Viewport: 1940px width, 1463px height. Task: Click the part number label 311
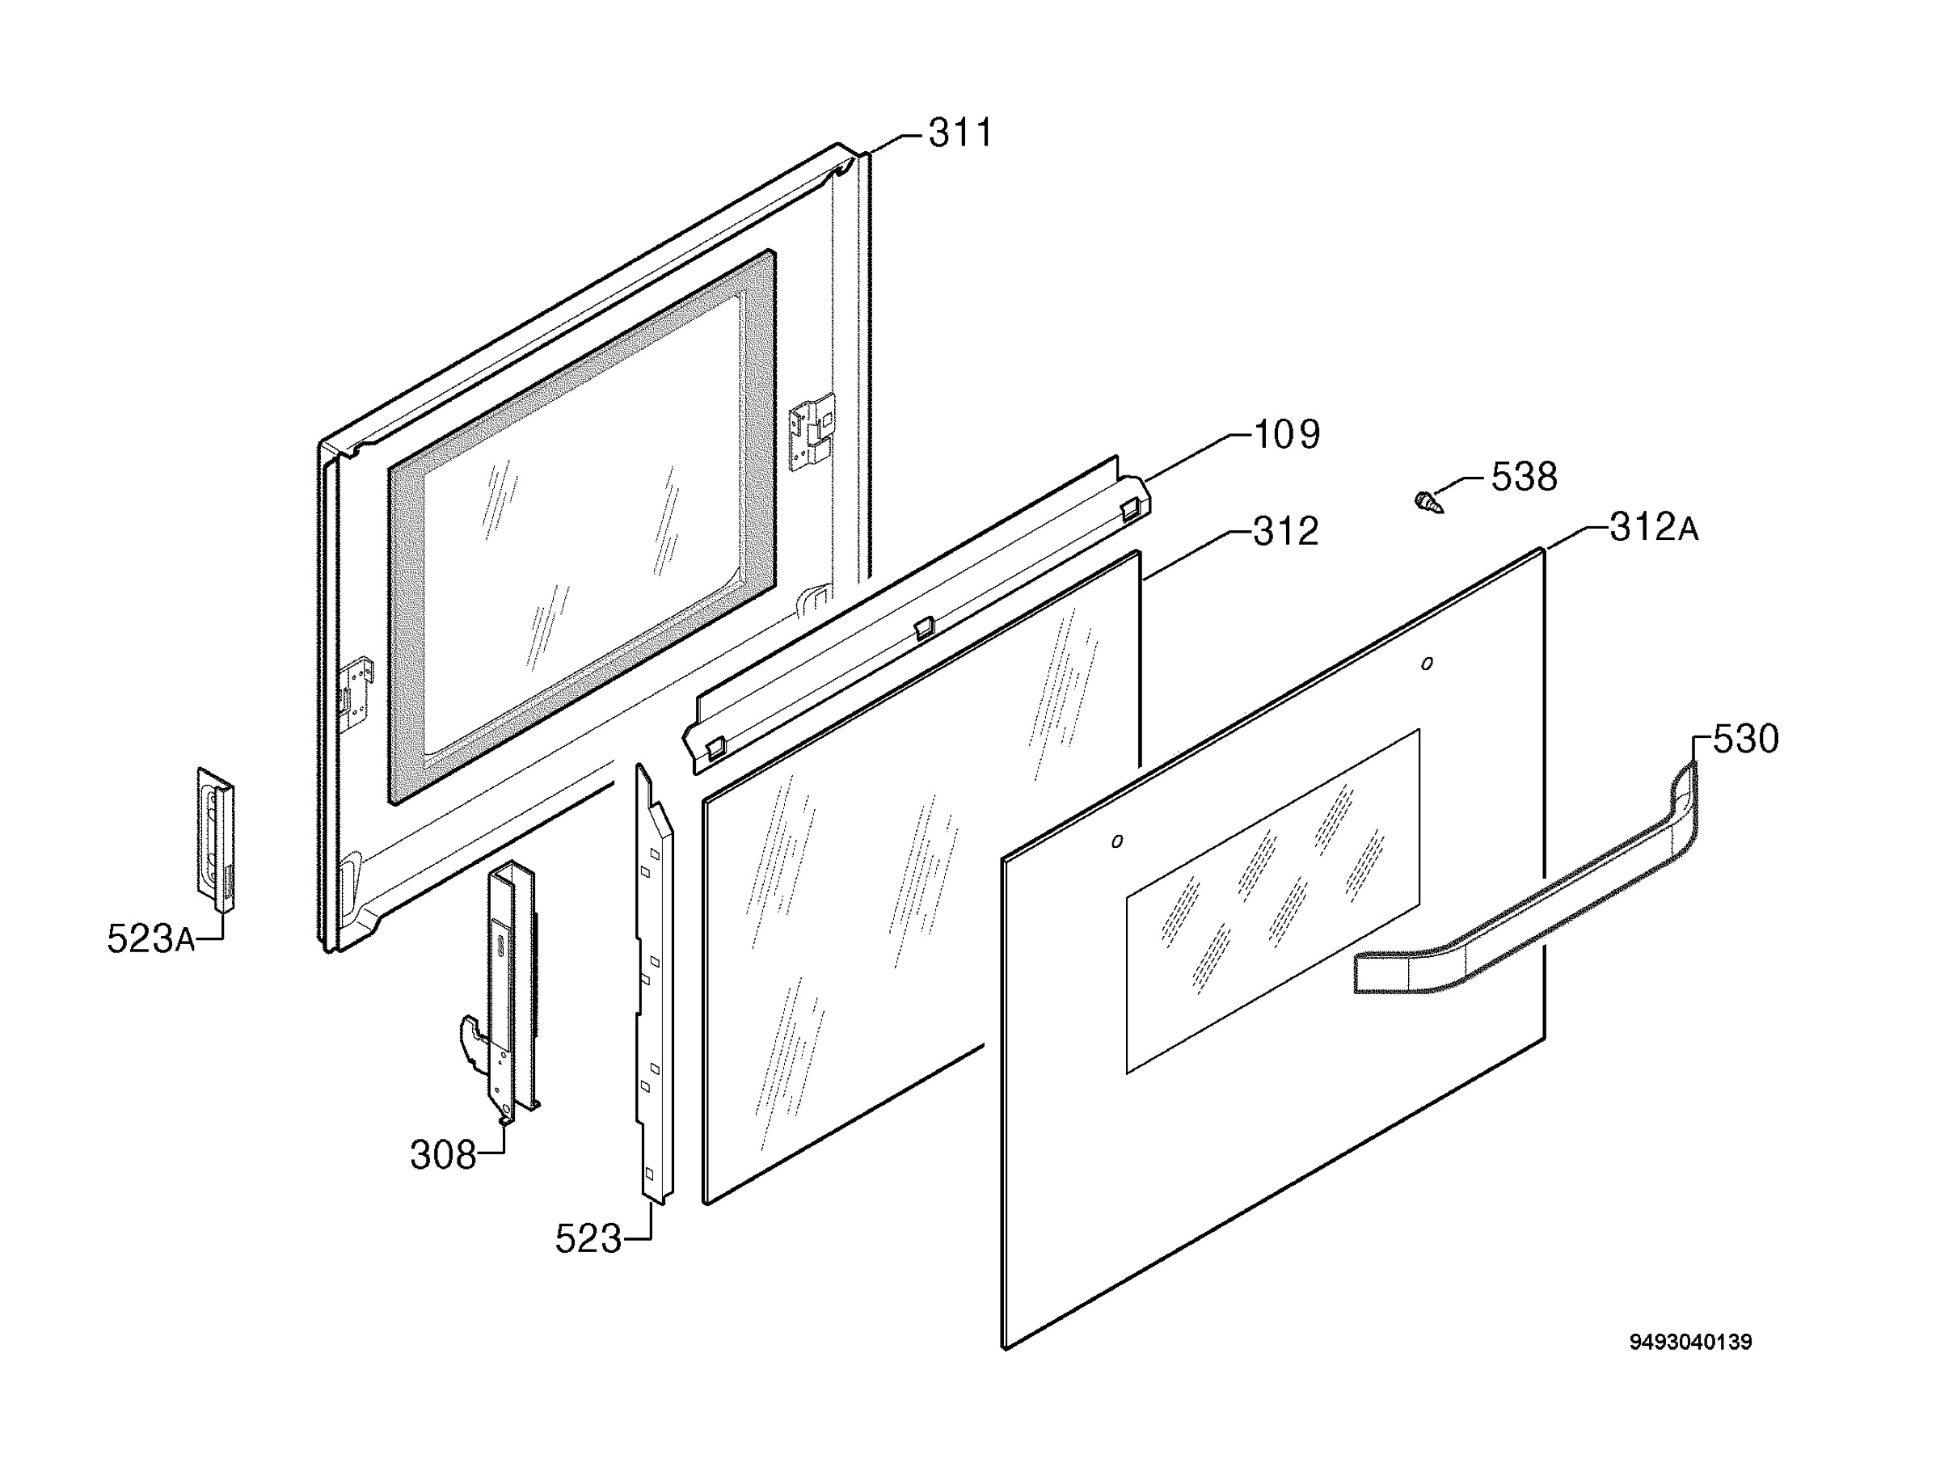pyautogui.click(x=960, y=133)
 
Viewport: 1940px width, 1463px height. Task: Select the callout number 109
pyautogui.click(x=1287, y=435)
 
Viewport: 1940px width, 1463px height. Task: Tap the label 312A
pyautogui.click(x=1654, y=528)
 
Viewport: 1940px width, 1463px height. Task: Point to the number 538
pyautogui.click(x=1525, y=477)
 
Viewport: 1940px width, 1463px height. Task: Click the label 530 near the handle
pyautogui.click(x=1745, y=740)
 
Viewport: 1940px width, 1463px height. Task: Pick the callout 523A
pyautogui.click(x=151, y=938)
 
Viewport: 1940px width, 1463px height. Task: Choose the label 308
pyautogui.click(x=443, y=1155)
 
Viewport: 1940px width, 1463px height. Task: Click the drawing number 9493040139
pyautogui.click(x=1690, y=1342)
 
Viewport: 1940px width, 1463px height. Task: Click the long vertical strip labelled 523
pyautogui.click(x=654, y=982)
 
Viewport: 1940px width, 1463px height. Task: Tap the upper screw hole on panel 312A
pyautogui.click(x=1427, y=664)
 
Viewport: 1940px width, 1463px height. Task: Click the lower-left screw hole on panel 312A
pyautogui.click(x=1116, y=842)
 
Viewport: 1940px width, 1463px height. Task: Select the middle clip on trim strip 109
pyautogui.click(x=922, y=627)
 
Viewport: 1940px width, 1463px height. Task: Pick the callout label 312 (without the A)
pyautogui.click(x=1286, y=532)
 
